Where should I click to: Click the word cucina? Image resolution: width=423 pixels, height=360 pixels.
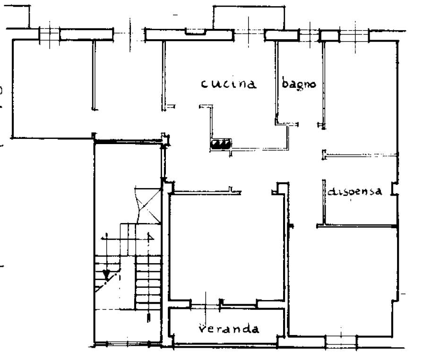click(x=228, y=84)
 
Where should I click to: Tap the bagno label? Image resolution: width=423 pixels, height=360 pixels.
click(x=299, y=83)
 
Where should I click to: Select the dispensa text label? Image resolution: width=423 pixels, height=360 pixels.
click(x=355, y=191)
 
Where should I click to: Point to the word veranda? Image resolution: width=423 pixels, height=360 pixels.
click(x=229, y=329)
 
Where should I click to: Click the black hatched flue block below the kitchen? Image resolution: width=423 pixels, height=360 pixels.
click(x=221, y=144)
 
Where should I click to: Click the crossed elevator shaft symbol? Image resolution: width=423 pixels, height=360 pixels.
click(x=148, y=206)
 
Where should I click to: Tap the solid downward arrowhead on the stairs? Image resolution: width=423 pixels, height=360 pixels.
click(x=107, y=274)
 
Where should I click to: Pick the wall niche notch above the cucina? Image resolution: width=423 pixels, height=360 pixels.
click(x=196, y=32)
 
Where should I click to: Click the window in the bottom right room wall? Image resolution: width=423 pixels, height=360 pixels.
click(x=341, y=342)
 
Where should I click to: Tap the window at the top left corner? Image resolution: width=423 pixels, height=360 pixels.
click(x=49, y=34)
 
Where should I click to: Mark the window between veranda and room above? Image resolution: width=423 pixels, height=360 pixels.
click(x=206, y=305)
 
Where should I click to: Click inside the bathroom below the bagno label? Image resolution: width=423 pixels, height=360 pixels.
click(x=300, y=105)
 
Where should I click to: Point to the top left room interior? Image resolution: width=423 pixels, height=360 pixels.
click(x=52, y=89)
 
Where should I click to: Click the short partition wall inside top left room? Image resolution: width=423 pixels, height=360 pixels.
click(x=94, y=75)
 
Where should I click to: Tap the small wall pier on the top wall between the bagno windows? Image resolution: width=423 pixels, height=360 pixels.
click(x=329, y=35)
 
